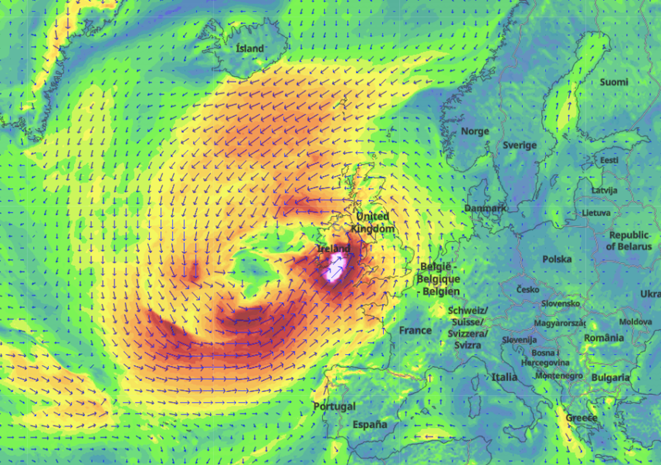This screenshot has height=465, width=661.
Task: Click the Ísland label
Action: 249,49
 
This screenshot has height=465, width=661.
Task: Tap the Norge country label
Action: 475,131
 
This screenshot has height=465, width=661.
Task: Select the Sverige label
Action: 520,145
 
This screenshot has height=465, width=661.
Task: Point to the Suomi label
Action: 614,82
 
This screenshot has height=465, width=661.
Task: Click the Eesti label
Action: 609,160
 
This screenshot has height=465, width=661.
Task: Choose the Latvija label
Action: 604,190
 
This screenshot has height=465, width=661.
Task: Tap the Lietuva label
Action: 596,212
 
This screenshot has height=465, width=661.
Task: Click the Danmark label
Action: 485,208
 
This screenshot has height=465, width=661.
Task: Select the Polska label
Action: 557,259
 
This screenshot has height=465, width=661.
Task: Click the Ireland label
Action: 334,249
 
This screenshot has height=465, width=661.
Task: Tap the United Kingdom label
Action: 373,222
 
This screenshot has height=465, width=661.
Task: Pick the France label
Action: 415,330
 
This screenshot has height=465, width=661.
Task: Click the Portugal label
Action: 334,407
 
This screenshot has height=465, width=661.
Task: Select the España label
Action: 370,425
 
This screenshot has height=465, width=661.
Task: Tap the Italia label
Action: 504,377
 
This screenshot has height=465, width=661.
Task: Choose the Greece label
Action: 581,417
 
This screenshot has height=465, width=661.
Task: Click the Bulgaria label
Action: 610,378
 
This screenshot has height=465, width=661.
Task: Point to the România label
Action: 604,338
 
